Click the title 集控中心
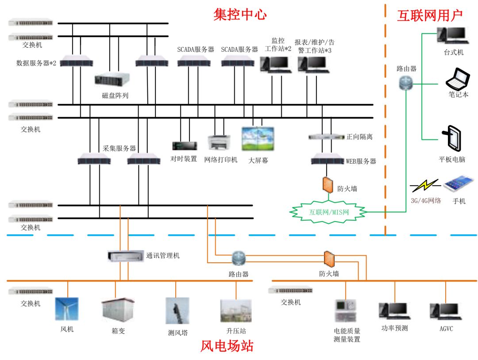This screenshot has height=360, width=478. pyautogui.click(x=240, y=15)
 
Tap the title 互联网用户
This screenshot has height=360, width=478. pyautogui.click(x=429, y=15)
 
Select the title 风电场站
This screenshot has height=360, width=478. pyautogui.click(x=227, y=345)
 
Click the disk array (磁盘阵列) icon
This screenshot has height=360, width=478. pyautogui.click(x=113, y=80)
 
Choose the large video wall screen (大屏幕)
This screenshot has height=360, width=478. pyautogui.click(x=258, y=139)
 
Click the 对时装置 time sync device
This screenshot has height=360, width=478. pyautogui.click(x=184, y=146)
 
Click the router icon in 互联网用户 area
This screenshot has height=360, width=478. pyautogui.click(x=406, y=82)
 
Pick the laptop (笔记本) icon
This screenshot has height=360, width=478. pyautogui.click(x=457, y=80)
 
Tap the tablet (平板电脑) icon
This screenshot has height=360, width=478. pyautogui.click(x=451, y=138)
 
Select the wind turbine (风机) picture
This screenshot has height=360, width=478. pyautogui.click(x=67, y=309)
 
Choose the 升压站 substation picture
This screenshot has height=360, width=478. pyautogui.click(x=236, y=311)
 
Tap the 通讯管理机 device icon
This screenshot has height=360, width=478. pyautogui.click(x=126, y=256)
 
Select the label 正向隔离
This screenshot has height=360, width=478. pyautogui.click(x=359, y=137)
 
